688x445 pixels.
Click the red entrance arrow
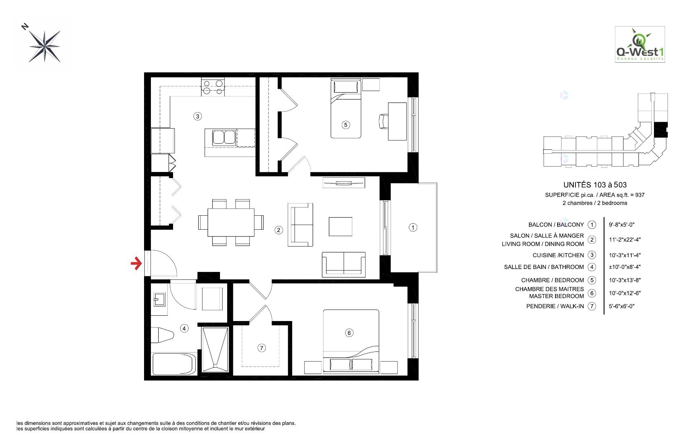pyautogui.click(x=136, y=264)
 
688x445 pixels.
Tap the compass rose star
pyautogui.click(x=45, y=46)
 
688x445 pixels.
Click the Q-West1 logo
pyautogui.click(x=640, y=44)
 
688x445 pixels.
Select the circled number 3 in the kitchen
pyautogui.click(x=197, y=116)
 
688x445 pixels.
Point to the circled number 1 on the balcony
pyautogui.click(x=413, y=227)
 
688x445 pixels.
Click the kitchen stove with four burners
pyautogui.click(x=213, y=87)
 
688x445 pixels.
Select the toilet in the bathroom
pyautogui.click(x=162, y=335)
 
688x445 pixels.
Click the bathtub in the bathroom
pyautogui.click(x=174, y=364)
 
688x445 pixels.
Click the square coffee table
pyautogui.click(x=340, y=226)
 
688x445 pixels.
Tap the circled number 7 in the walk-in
pyautogui.click(x=262, y=348)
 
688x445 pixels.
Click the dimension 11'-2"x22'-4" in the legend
pyautogui.click(x=625, y=240)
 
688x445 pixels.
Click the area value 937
pyautogui.click(x=640, y=195)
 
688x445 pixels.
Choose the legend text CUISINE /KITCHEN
pyautogui.click(x=558, y=255)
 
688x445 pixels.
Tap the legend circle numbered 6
pyautogui.click(x=592, y=293)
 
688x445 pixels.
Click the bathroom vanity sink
pyautogui.click(x=159, y=300)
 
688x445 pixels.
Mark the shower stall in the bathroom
pyautogui.click(x=215, y=349)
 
